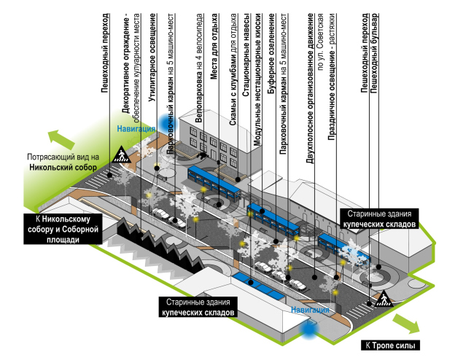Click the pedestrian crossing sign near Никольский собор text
point(120,154)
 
